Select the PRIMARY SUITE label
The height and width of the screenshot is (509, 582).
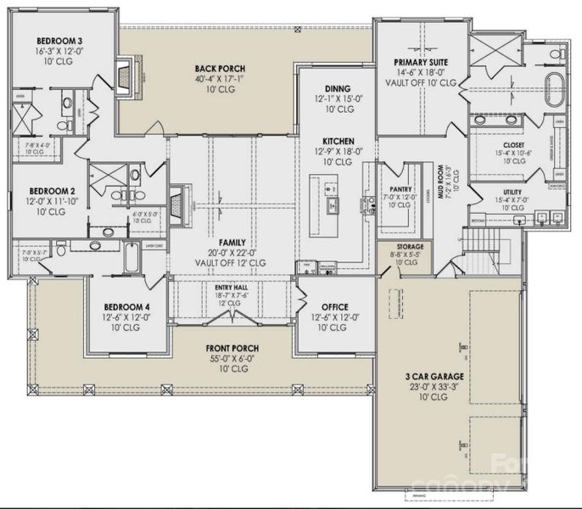pyautogui.click(x=421, y=62)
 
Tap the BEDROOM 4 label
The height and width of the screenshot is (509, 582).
pyautogui.click(x=126, y=307)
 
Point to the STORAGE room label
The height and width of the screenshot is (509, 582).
pyautogui.click(x=405, y=246)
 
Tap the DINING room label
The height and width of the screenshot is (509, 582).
pyautogui.click(x=338, y=88)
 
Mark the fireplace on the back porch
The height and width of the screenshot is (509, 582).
pyautogui.click(x=126, y=77)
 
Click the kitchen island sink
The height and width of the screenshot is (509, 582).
pyautogui.click(x=333, y=204)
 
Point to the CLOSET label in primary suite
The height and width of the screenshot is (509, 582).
pyautogui.click(x=512, y=144)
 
